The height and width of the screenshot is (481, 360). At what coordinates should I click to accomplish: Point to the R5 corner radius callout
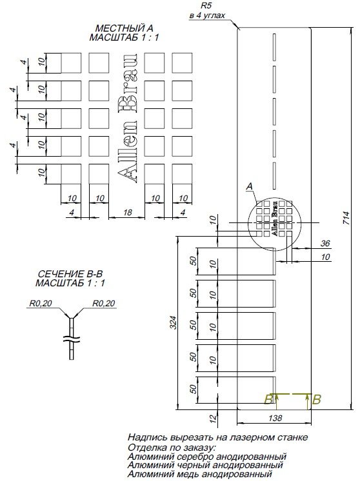click(x=206, y=5)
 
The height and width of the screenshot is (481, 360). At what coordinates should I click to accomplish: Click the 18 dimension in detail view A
click(x=126, y=212)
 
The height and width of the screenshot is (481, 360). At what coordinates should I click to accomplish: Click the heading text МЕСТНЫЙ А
click(x=125, y=29)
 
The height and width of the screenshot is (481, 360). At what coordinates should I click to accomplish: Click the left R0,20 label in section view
click(x=39, y=302)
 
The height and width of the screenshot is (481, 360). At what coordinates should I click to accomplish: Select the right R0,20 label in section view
click(x=103, y=302)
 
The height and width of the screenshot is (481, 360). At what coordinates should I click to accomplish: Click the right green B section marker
click(x=316, y=400)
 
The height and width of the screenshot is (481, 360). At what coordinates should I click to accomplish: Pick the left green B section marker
click(x=268, y=400)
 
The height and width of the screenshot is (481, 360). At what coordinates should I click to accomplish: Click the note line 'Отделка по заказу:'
click(x=172, y=446)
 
